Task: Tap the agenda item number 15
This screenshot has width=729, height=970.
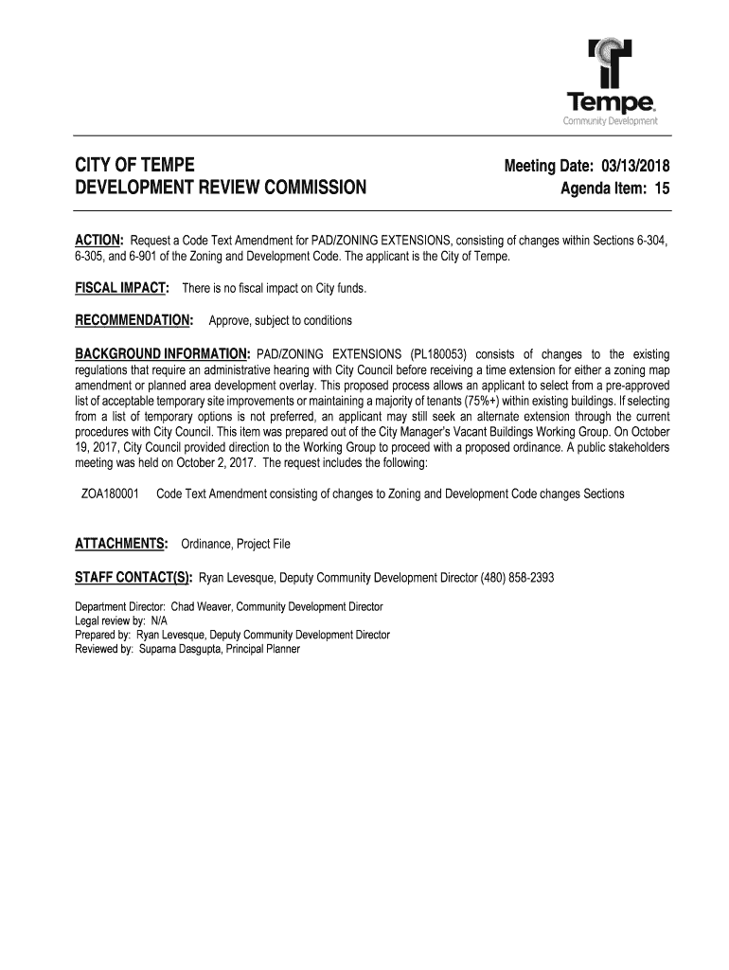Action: (660, 189)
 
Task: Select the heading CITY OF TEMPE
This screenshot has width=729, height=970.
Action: (135, 166)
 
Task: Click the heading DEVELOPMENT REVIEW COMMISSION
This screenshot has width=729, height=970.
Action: (220, 188)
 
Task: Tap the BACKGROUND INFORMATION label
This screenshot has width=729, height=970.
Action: (163, 353)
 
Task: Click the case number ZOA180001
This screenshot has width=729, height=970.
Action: (111, 494)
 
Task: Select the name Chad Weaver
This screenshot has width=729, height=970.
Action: (200, 606)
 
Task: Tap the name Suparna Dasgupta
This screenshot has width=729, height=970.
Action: (178, 649)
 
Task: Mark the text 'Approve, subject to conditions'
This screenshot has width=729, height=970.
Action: (280, 320)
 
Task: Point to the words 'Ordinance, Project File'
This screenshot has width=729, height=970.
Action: (236, 544)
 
